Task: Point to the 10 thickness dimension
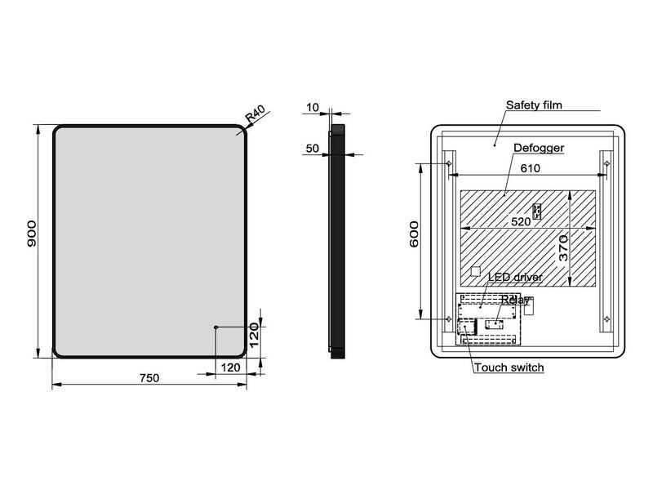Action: coord(313,107)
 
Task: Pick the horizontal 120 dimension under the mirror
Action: coord(230,367)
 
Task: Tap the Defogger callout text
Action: coord(540,148)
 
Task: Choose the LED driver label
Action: coord(515,278)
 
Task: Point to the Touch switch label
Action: coord(509,368)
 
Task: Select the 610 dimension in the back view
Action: coord(529,168)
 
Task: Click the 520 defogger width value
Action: coord(521,220)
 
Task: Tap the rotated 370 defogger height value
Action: coord(563,248)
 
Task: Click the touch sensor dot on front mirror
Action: coord(215,327)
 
